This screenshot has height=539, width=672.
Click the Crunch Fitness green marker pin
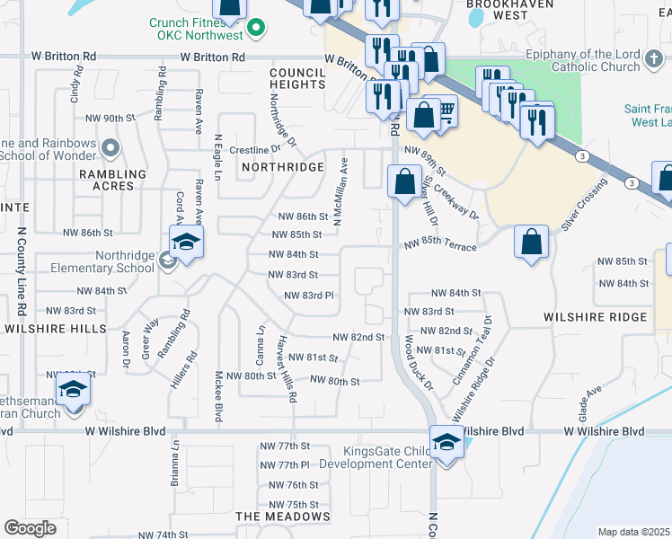(256, 27)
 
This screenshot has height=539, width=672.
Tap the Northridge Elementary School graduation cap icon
(186, 243)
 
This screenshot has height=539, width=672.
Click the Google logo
(31, 528)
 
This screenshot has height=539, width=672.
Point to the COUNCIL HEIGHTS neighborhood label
(297, 78)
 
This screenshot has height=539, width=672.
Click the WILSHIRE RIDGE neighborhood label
(595, 317)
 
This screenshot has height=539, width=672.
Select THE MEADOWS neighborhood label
(283, 517)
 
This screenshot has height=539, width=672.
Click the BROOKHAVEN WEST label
(498, 9)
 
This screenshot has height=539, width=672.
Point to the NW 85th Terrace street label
(439, 244)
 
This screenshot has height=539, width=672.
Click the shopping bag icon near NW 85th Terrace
(532, 242)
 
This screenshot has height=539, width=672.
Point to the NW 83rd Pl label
(309, 296)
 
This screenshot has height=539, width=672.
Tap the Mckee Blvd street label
(217, 395)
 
